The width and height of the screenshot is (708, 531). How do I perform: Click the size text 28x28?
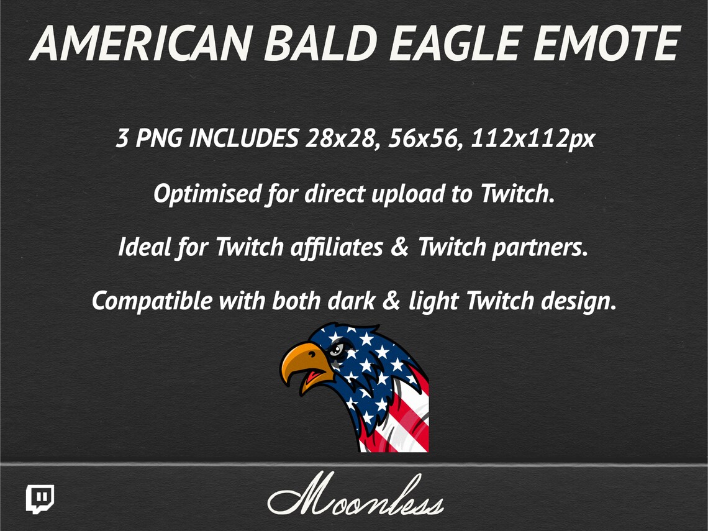tap(341, 139)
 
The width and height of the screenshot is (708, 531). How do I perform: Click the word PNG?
tap(159, 139)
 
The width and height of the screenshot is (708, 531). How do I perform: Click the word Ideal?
tap(145, 248)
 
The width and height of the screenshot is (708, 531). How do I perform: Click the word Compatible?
tap(152, 302)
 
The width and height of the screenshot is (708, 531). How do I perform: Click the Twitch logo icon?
tap(40, 499)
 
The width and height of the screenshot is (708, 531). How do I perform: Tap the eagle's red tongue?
tap(313, 376)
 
